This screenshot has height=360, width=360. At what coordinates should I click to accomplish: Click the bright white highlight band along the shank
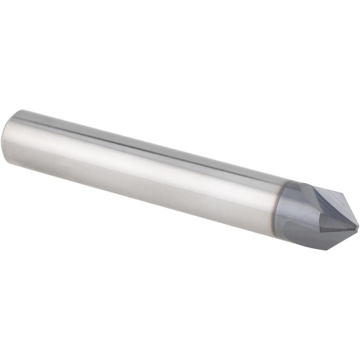144,158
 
